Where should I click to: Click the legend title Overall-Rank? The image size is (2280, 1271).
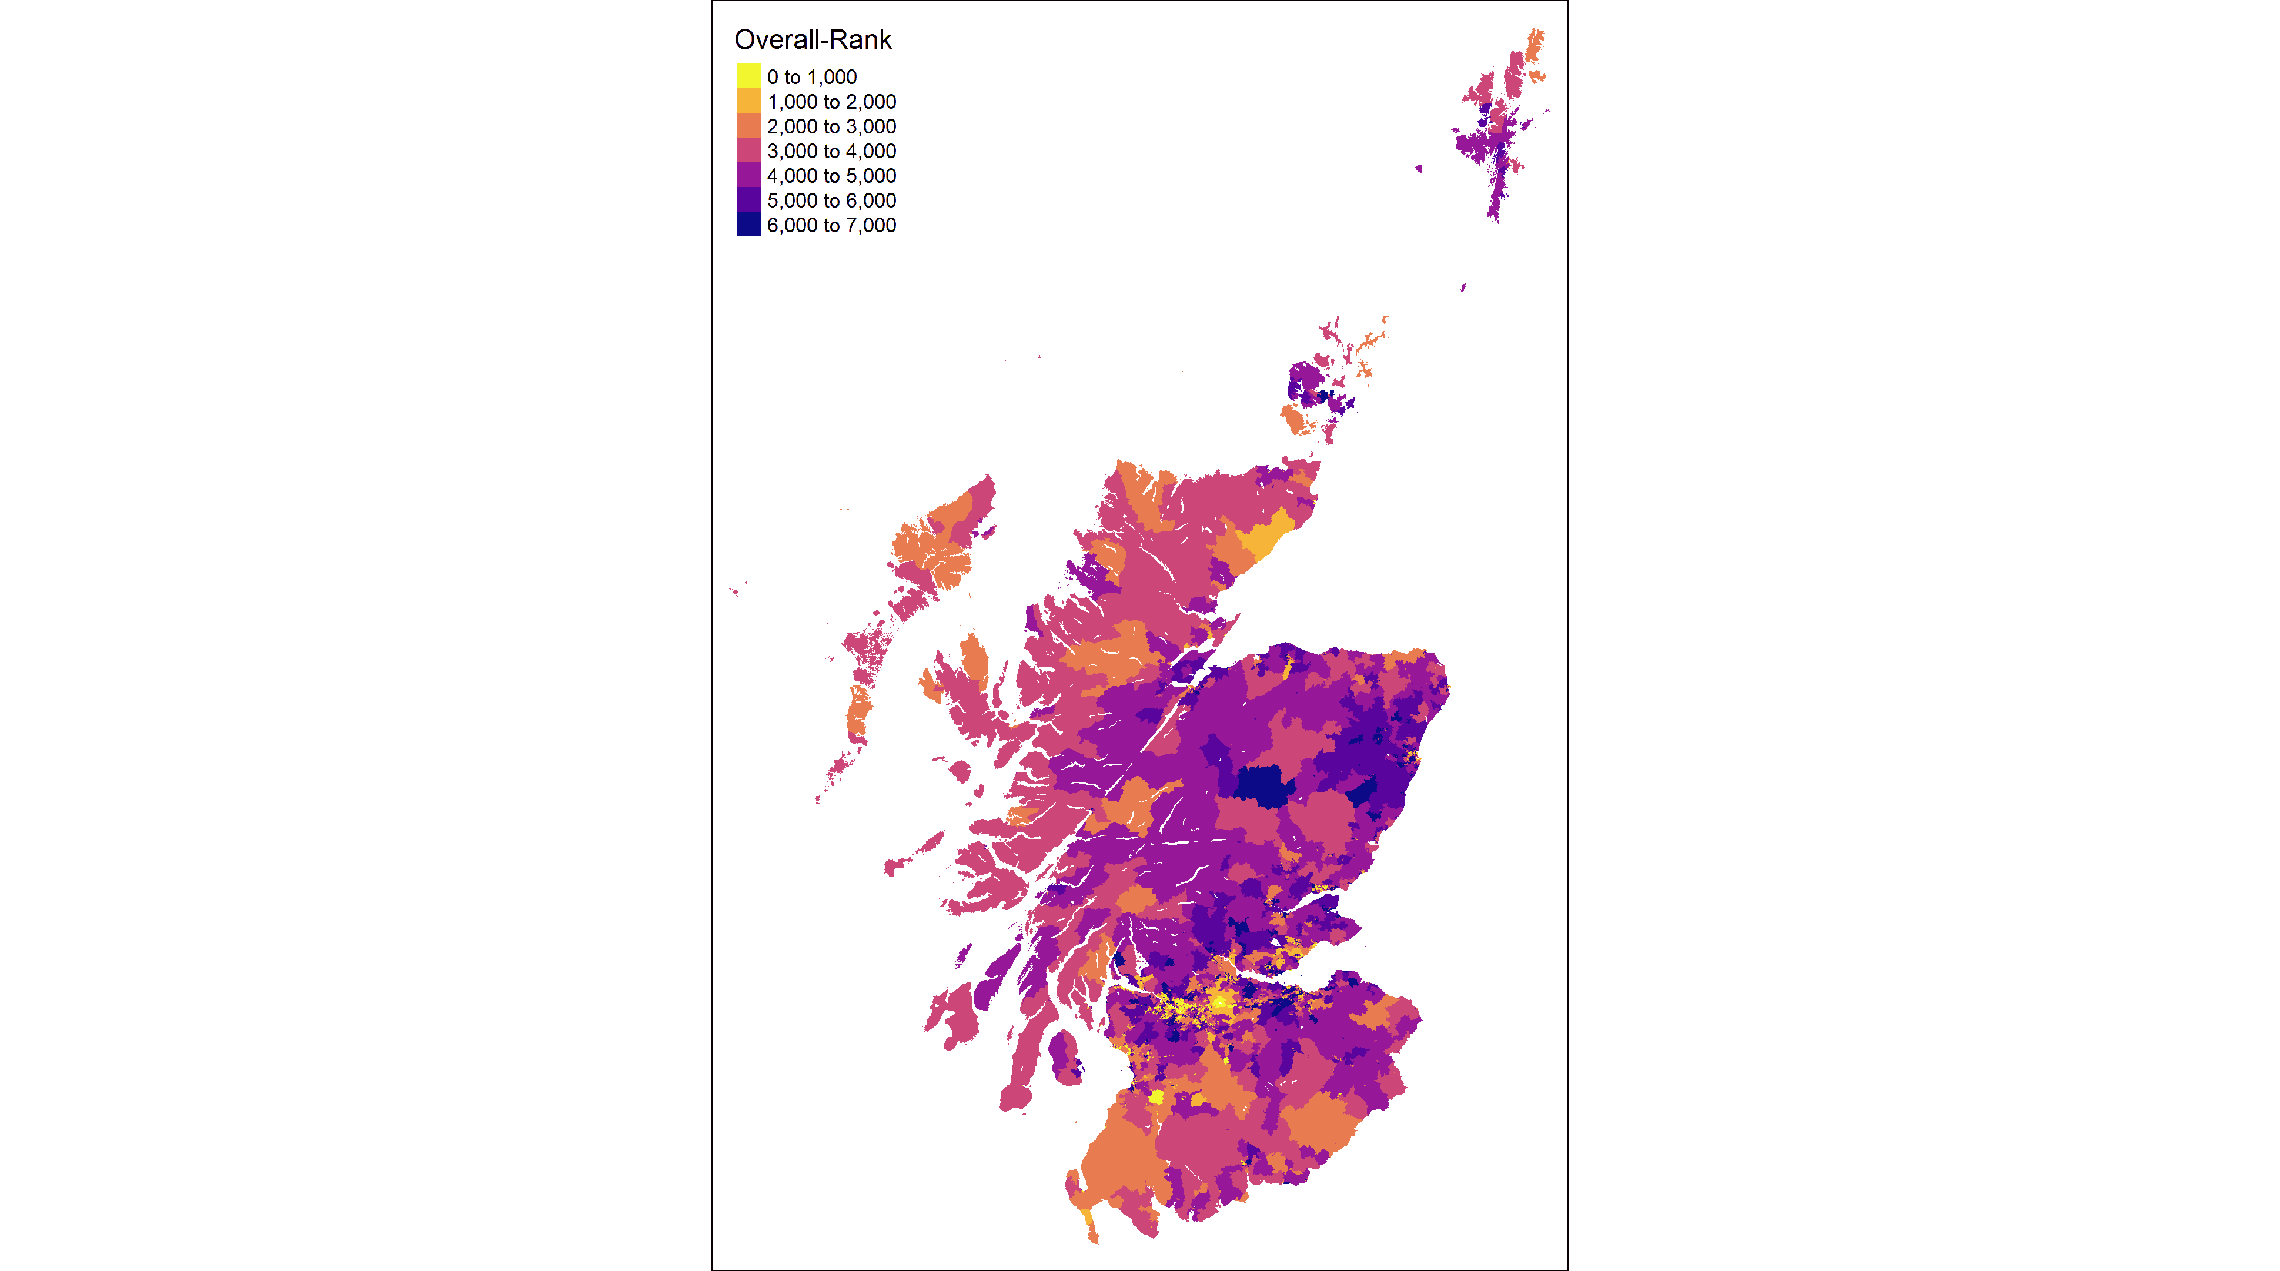[x=813, y=40]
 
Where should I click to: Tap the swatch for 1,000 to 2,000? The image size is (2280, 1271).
[x=748, y=102]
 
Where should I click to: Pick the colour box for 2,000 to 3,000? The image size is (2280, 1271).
[x=748, y=126]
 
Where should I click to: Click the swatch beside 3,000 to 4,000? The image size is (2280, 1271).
[x=748, y=151]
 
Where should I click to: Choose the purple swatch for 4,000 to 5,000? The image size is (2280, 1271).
[x=748, y=175]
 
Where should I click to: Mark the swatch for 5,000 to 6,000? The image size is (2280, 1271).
[x=748, y=200]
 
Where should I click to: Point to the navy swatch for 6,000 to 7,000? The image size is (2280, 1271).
[x=748, y=225]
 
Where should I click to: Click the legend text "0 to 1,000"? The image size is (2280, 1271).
[x=811, y=77]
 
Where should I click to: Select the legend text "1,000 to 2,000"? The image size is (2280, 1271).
[x=831, y=102]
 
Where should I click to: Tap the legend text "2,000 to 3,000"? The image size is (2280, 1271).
[x=831, y=126]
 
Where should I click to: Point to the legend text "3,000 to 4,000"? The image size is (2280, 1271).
[x=831, y=151]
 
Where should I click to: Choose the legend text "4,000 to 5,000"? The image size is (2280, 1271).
[x=831, y=176]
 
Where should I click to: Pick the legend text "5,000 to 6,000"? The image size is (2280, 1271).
[x=831, y=201]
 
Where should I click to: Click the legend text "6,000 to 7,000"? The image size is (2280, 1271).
[x=831, y=226]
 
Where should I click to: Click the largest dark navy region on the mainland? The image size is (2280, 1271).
[x=1261, y=786]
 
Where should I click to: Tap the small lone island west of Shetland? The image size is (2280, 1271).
[x=1419, y=168]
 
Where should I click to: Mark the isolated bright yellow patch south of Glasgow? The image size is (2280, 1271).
[x=1156, y=1096]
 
